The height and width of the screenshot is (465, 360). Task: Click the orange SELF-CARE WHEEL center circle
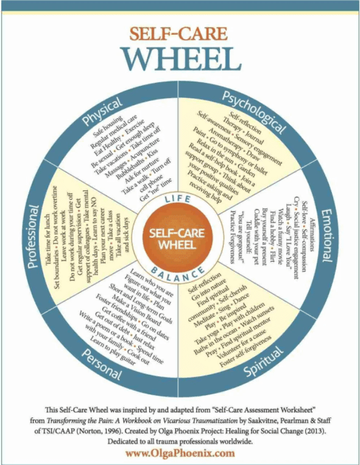(x=180, y=234)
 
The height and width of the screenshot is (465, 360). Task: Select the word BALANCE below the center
(x=180, y=268)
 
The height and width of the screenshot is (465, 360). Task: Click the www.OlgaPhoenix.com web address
(x=180, y=453)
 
